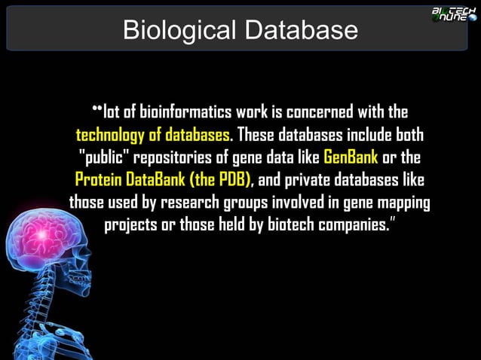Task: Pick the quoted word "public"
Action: coord(103,159)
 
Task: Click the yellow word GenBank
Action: coord(350,159)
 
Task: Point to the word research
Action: coord(200,204)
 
